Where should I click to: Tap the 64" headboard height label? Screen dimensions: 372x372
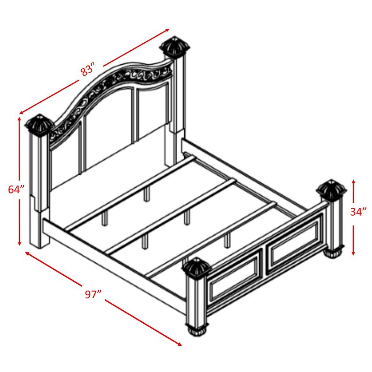tap(16, 189)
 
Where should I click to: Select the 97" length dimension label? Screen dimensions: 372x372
tap(93, 294)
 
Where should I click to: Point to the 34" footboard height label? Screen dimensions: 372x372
tap(359, 212)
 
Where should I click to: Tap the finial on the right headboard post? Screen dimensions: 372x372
tap(175, 46)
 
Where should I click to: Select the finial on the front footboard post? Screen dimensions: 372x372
tap(197, 268)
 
